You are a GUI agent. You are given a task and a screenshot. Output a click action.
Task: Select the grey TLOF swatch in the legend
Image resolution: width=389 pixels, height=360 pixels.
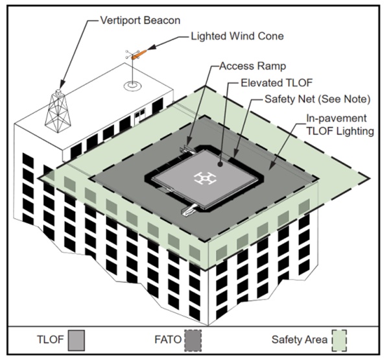76,340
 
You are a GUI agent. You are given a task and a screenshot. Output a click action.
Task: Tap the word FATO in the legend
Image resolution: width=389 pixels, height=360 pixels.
167,340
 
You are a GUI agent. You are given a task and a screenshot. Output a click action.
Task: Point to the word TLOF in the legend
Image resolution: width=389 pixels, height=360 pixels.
48,340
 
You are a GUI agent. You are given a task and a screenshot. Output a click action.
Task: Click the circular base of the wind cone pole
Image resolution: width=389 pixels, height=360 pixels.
132,85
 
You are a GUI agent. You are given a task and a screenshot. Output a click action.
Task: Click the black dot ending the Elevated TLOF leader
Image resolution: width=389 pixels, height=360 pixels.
220,165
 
